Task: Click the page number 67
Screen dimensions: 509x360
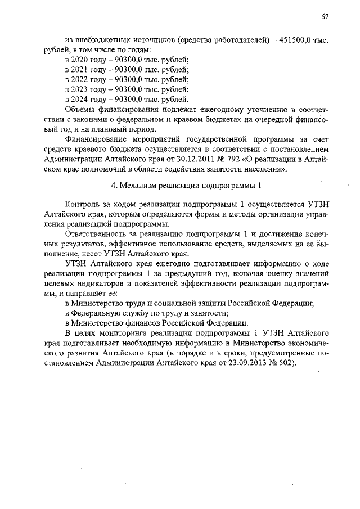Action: [x=325, y=17]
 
